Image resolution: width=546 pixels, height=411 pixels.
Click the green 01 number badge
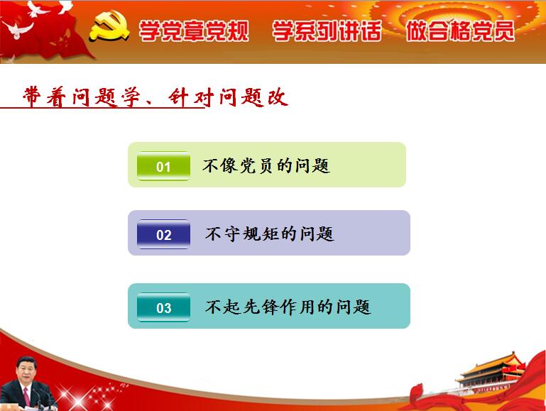(163, 166)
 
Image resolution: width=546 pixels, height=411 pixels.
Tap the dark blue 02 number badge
(163, 234)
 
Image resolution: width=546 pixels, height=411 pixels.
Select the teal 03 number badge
(163, 307)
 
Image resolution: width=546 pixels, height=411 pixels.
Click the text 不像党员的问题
(266, 165)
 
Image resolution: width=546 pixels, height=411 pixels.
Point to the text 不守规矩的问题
(270, 234)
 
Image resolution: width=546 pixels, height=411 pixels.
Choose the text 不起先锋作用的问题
(288, 307)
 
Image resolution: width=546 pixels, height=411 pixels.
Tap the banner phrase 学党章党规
(194, 31)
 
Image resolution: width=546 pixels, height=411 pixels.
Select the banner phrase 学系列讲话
(327, 31)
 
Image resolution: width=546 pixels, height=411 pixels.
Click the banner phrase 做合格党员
(460, 31)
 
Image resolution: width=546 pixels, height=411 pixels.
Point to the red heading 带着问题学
(82, 97)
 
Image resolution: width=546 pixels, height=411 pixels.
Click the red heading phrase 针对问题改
(228, 97)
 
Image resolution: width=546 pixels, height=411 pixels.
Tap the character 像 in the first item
(229, 165)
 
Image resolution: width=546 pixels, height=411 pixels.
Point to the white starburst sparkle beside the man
(74, 397)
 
